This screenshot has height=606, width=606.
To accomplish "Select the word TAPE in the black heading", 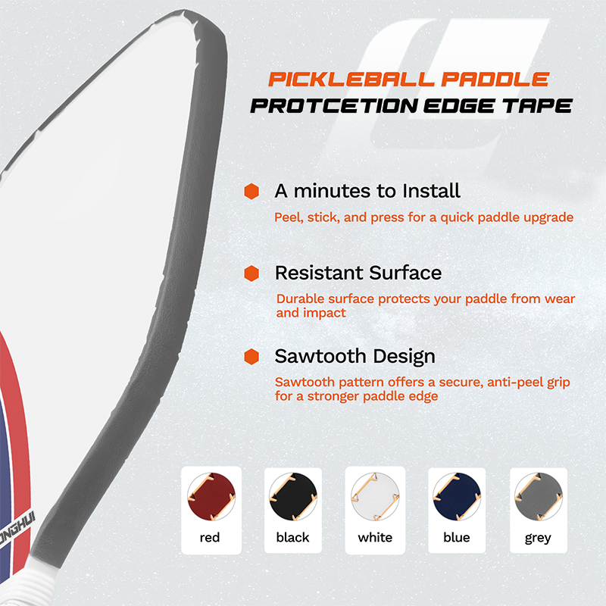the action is (538, 106).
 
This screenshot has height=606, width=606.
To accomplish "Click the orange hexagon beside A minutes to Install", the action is (251, 192).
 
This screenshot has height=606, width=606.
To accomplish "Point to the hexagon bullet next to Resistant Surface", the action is (251, 273).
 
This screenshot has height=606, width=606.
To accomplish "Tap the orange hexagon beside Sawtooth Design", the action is (251, 356).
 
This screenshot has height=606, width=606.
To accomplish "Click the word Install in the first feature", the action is (431, 191).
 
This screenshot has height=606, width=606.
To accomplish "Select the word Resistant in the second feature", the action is (319, 273).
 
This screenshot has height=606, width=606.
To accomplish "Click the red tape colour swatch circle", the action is (211, 496).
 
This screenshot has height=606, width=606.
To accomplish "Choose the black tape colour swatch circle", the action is (293, 496).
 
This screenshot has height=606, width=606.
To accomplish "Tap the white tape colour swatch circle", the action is (375, 496).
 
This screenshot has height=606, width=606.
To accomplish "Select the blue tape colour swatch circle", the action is (457, 496).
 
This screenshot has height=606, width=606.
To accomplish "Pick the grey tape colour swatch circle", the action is (539, 496).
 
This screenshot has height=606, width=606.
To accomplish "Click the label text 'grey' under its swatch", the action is (538, 538).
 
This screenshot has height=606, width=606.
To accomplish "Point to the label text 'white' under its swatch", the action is (375, 537).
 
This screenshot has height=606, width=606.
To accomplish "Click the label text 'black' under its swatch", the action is (293, 537).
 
